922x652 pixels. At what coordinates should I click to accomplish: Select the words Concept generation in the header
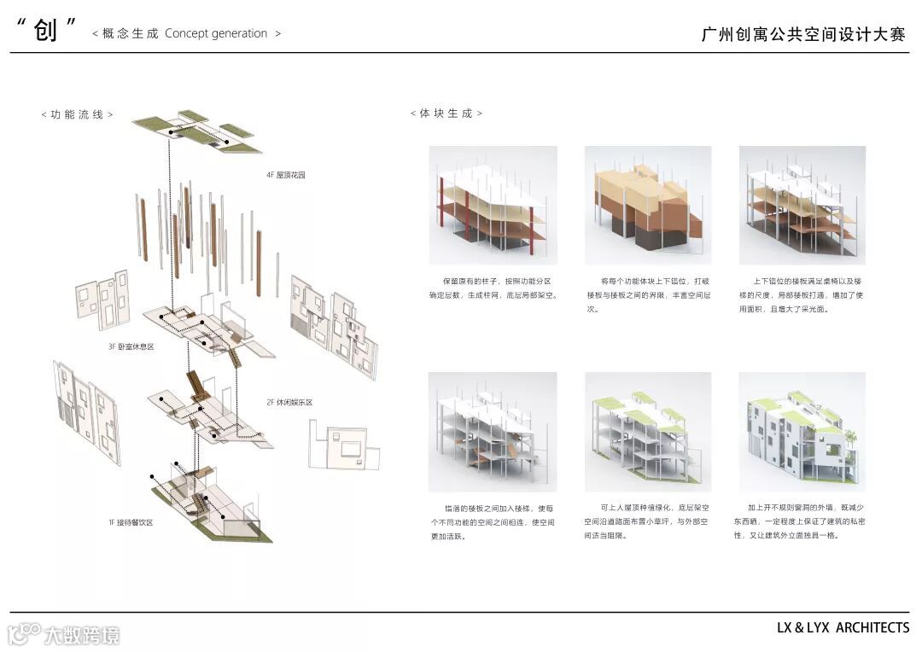pos(216,33)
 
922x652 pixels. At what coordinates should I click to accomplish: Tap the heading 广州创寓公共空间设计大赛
pos(802,34)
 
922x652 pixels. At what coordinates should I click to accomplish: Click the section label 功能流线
pos(77,114)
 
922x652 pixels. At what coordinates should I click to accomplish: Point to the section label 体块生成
pos(446,114)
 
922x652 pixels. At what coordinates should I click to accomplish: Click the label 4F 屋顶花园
pos(285,175)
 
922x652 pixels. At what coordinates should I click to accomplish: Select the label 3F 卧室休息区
pos(131,346)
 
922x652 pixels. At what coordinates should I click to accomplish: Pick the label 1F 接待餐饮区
pos(130,521)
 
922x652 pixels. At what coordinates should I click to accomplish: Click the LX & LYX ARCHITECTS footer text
pos(843,628)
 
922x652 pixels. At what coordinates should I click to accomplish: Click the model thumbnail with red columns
pos(493,205)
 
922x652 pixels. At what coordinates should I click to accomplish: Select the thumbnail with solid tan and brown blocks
pos(648,205)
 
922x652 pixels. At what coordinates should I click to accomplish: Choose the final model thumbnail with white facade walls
pos(802,431)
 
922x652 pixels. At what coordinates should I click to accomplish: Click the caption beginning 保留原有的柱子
pos(493,288)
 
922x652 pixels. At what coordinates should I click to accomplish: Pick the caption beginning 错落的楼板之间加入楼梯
pos(493,521)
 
